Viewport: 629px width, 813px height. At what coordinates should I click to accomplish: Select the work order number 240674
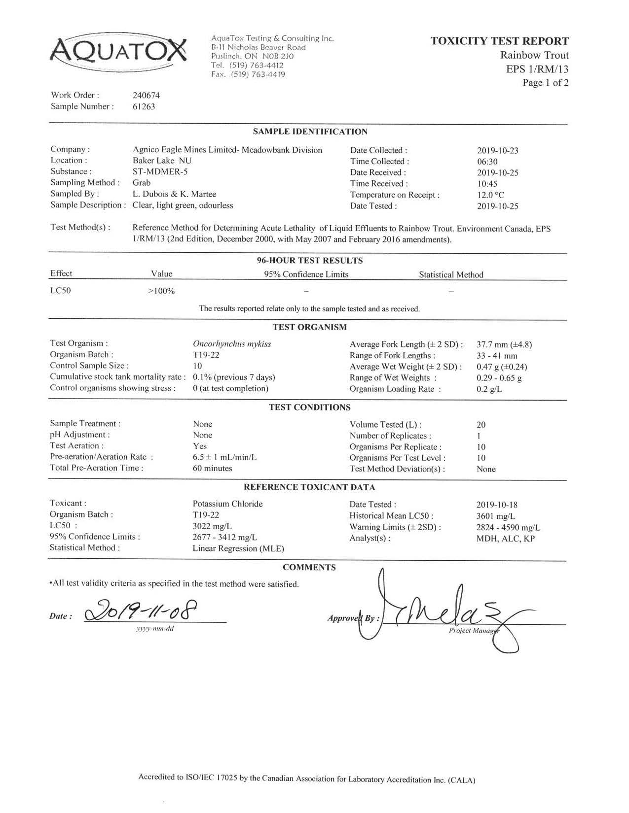point(147,95)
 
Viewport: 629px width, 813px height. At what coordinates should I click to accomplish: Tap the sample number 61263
point(144,106)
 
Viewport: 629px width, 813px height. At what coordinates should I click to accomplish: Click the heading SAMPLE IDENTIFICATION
point(310,132)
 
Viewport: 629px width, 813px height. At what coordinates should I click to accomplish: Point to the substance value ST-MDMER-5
point(160,171)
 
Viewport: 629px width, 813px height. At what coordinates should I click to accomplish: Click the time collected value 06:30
point(487,162)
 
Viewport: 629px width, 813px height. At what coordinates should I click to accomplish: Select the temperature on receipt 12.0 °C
point(491,195)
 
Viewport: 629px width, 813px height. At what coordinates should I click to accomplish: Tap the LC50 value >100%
point(161,291)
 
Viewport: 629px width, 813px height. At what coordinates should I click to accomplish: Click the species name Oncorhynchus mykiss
point(232,344)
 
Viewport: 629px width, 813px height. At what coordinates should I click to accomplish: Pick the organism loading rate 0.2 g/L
point(489,389)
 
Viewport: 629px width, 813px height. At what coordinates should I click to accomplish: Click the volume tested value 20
point(481,425)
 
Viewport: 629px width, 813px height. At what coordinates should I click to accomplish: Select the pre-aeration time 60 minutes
point(212,468)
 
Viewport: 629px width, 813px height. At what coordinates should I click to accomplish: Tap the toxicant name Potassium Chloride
point(227,504)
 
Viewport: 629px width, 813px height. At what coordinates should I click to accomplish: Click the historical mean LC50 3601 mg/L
point(496,516)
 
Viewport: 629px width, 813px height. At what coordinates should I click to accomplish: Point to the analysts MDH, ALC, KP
point(505,539)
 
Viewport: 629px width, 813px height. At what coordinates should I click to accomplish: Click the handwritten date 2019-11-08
point(142,611)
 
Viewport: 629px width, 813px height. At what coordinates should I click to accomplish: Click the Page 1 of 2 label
point(545,83)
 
